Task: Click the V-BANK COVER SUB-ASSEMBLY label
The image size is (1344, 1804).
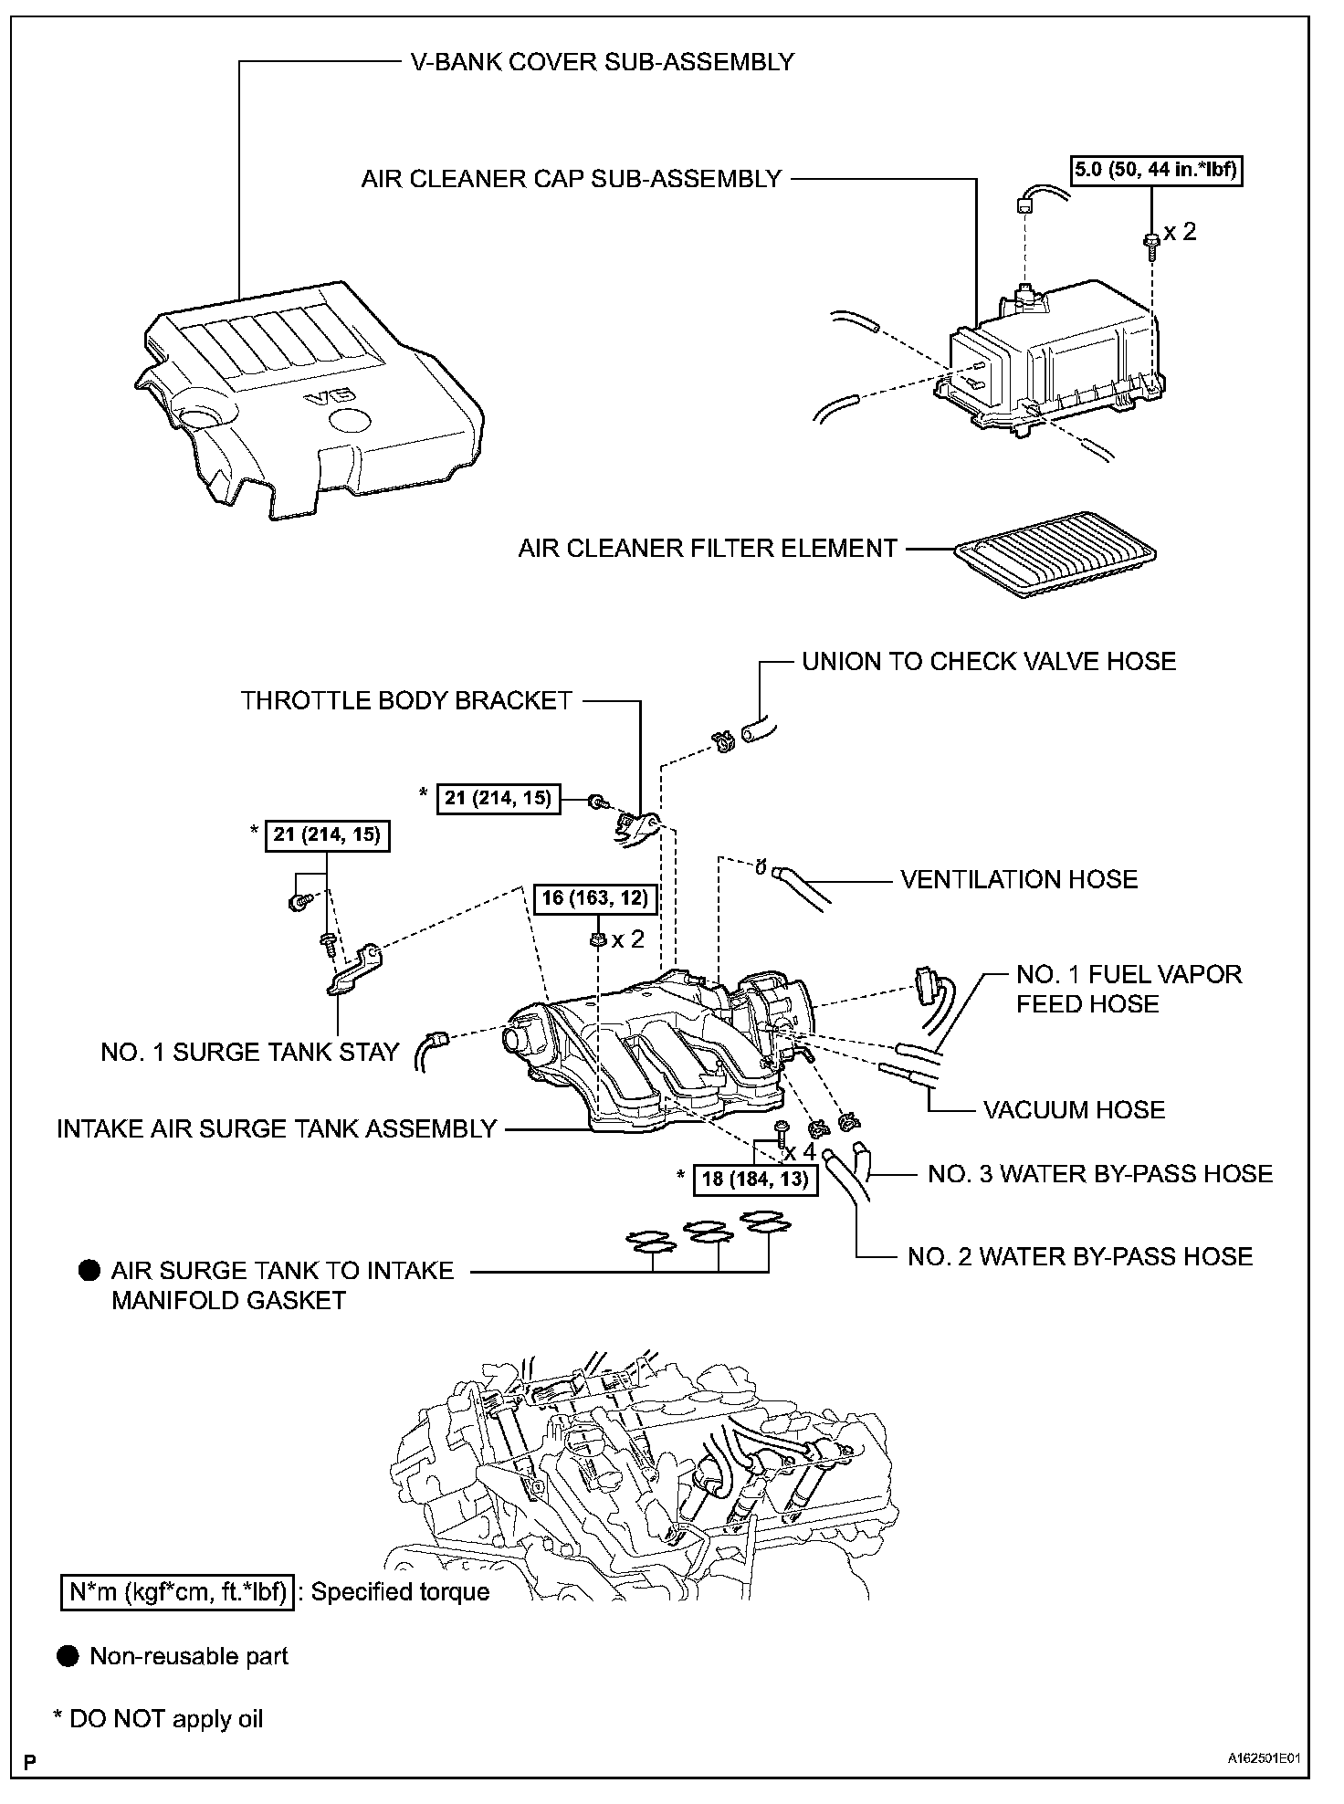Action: pyautogui.click(x=601, y=62)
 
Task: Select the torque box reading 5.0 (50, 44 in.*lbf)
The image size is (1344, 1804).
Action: pyautogui.click(x=1156, y=171)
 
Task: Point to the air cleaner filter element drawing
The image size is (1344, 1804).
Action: pyautogui.click(x=1055, y=552)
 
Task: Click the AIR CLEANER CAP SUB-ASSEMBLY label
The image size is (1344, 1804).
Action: pyautogui.click(x=572, y=179)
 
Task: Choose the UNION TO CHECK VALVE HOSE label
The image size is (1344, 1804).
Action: pyautogui.click(x=989, y=661)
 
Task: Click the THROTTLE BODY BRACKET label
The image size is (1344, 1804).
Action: pyautogui.click(x=406, y=700)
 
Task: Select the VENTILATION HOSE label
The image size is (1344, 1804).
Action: pyautogui.click(x=1019, y=879)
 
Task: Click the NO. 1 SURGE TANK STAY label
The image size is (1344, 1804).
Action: pyautogui.click(x=250, y=1052)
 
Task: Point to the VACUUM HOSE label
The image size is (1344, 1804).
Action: pyautogui.click(x=1074, y=1109)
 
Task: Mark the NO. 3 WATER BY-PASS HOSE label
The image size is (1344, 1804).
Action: pyautogui.click(x=1100, y=1173)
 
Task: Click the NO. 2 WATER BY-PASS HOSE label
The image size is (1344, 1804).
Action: pyautogui.click(x=1080, y=1256)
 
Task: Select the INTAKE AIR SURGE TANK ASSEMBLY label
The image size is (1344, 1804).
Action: pyautogui.click(x=277, y=1128)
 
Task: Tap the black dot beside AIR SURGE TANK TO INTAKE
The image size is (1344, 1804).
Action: pyautogui.click(x=89, y=1270)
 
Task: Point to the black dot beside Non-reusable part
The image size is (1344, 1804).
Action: pyautogui.click(x=68, y=1656)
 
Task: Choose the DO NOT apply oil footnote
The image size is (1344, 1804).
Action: pyautogui.click(x=159, y=1719)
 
